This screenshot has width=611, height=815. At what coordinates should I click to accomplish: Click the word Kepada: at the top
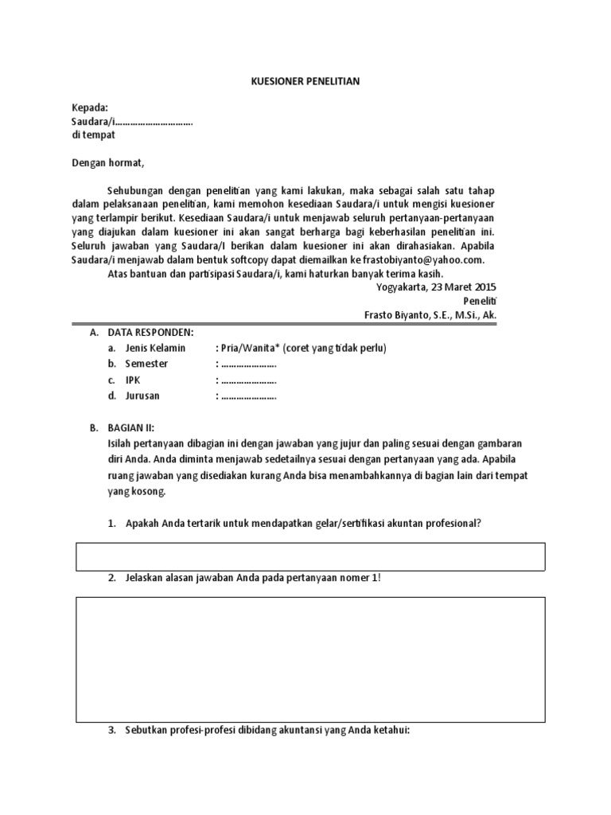point(90,108)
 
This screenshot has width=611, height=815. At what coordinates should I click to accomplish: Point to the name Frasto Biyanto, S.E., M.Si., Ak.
point(430,315)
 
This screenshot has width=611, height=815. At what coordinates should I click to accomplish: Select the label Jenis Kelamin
point(156,349)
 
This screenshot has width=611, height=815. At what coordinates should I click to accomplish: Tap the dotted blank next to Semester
point(247,365)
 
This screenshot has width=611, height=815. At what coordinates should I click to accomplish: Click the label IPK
point(133,380)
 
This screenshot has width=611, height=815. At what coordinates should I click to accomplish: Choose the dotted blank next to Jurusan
point(247,396)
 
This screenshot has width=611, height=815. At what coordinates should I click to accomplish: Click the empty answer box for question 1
point(310,556)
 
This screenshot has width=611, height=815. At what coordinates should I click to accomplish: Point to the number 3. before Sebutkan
point(111,730)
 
